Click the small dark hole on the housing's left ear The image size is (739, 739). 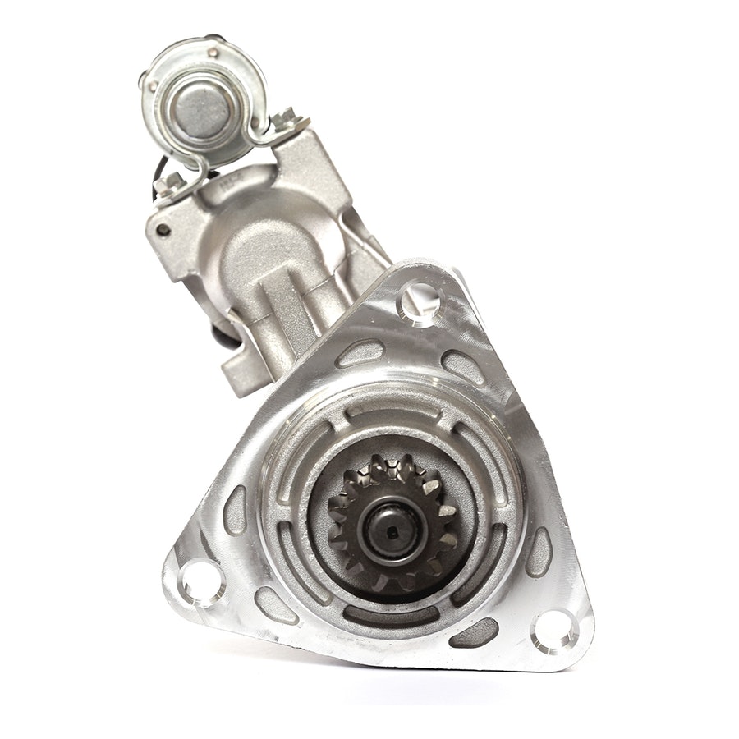pos(164,229)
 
